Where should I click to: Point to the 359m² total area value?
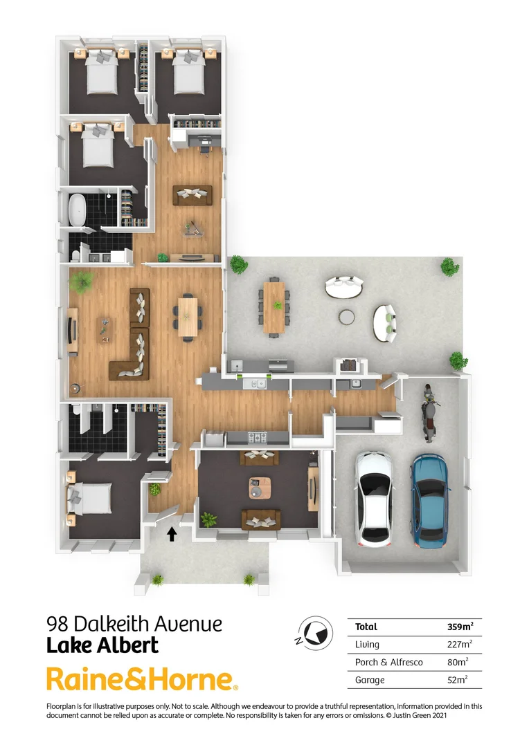pos(460,627)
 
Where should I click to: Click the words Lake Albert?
pos(102,646)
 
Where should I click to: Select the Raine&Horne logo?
pos(142,679)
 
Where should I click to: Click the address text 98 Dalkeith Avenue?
pos(134,624)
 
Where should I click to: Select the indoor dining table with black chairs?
pos(188,317)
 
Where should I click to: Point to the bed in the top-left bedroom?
pos(101,73)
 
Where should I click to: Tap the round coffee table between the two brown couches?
pos(260,487)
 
